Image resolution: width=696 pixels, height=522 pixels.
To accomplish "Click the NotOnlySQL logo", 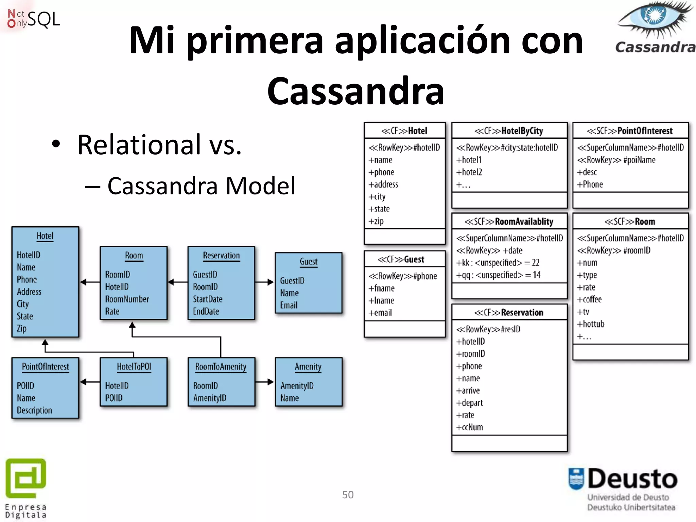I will [33, 19].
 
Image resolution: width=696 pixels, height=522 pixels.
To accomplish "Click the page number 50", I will [348, 494].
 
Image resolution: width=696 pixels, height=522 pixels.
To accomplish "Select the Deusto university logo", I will [623, 488].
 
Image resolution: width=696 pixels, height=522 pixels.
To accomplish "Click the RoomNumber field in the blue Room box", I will [127, 299].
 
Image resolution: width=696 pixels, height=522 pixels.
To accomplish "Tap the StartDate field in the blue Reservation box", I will [208, 299].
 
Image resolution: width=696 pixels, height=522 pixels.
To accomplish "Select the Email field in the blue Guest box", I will [289, 305].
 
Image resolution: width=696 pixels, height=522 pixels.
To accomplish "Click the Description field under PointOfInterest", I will [34, 410].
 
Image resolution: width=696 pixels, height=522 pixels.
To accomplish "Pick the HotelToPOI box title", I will [134, 367].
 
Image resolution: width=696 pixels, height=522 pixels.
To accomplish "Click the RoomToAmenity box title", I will [221, 367].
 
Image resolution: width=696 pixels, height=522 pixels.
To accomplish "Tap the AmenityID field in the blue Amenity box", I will [297, 386].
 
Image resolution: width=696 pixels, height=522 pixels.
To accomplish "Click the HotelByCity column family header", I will [509, 131].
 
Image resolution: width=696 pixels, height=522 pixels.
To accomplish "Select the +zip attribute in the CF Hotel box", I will [376, 221].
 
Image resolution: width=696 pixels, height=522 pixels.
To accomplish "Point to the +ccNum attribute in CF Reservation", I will [469, 427].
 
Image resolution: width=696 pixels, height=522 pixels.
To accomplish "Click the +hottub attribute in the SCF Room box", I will [591, 324].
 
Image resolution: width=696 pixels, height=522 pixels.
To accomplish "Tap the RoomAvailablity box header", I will [509, 222].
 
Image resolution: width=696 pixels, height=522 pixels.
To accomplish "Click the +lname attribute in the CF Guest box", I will [381, 300].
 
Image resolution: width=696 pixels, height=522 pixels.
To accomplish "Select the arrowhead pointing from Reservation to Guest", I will [271, 282].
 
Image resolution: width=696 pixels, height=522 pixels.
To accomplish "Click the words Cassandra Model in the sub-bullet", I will [201, 186].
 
